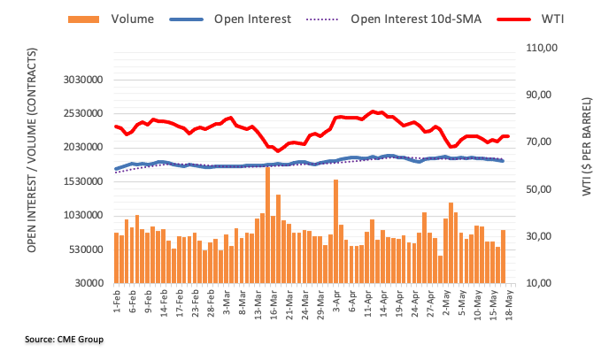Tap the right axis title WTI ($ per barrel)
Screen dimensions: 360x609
pyautogui.click(x=589, y=168)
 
